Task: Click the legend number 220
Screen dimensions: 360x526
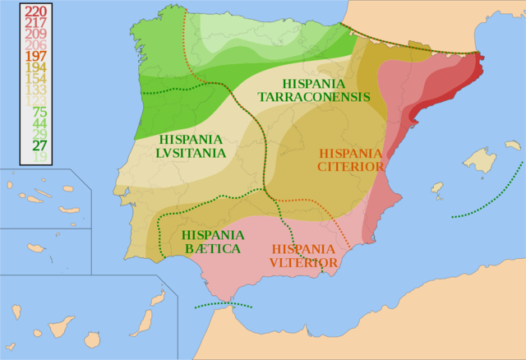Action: pyautogui.click(x=35, y=11)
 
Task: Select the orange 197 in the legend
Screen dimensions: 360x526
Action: pyautogui.click(x=35, y=56)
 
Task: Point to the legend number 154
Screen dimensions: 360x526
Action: pyautogui.click(x=35, y=78)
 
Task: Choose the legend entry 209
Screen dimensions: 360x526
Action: pyautogui.click(x=35, y=34)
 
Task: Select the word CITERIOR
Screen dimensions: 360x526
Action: pyautogui.click(x=351, y=167)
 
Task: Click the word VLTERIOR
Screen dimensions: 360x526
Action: pyautogui.click(x=302, y=263)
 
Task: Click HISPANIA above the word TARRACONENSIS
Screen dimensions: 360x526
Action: pyautogui.click(x=315, y=84)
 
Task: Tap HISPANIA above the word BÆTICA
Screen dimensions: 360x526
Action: pyautogui.click(x=212, y=235)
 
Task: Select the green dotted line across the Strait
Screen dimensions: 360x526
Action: pyautogui.click(x=223, y=305)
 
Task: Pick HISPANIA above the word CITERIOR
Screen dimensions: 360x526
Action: pyautogui.click(x=351, y=154)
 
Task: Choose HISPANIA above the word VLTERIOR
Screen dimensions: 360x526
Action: pyautogui.click(x=303, y=249)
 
